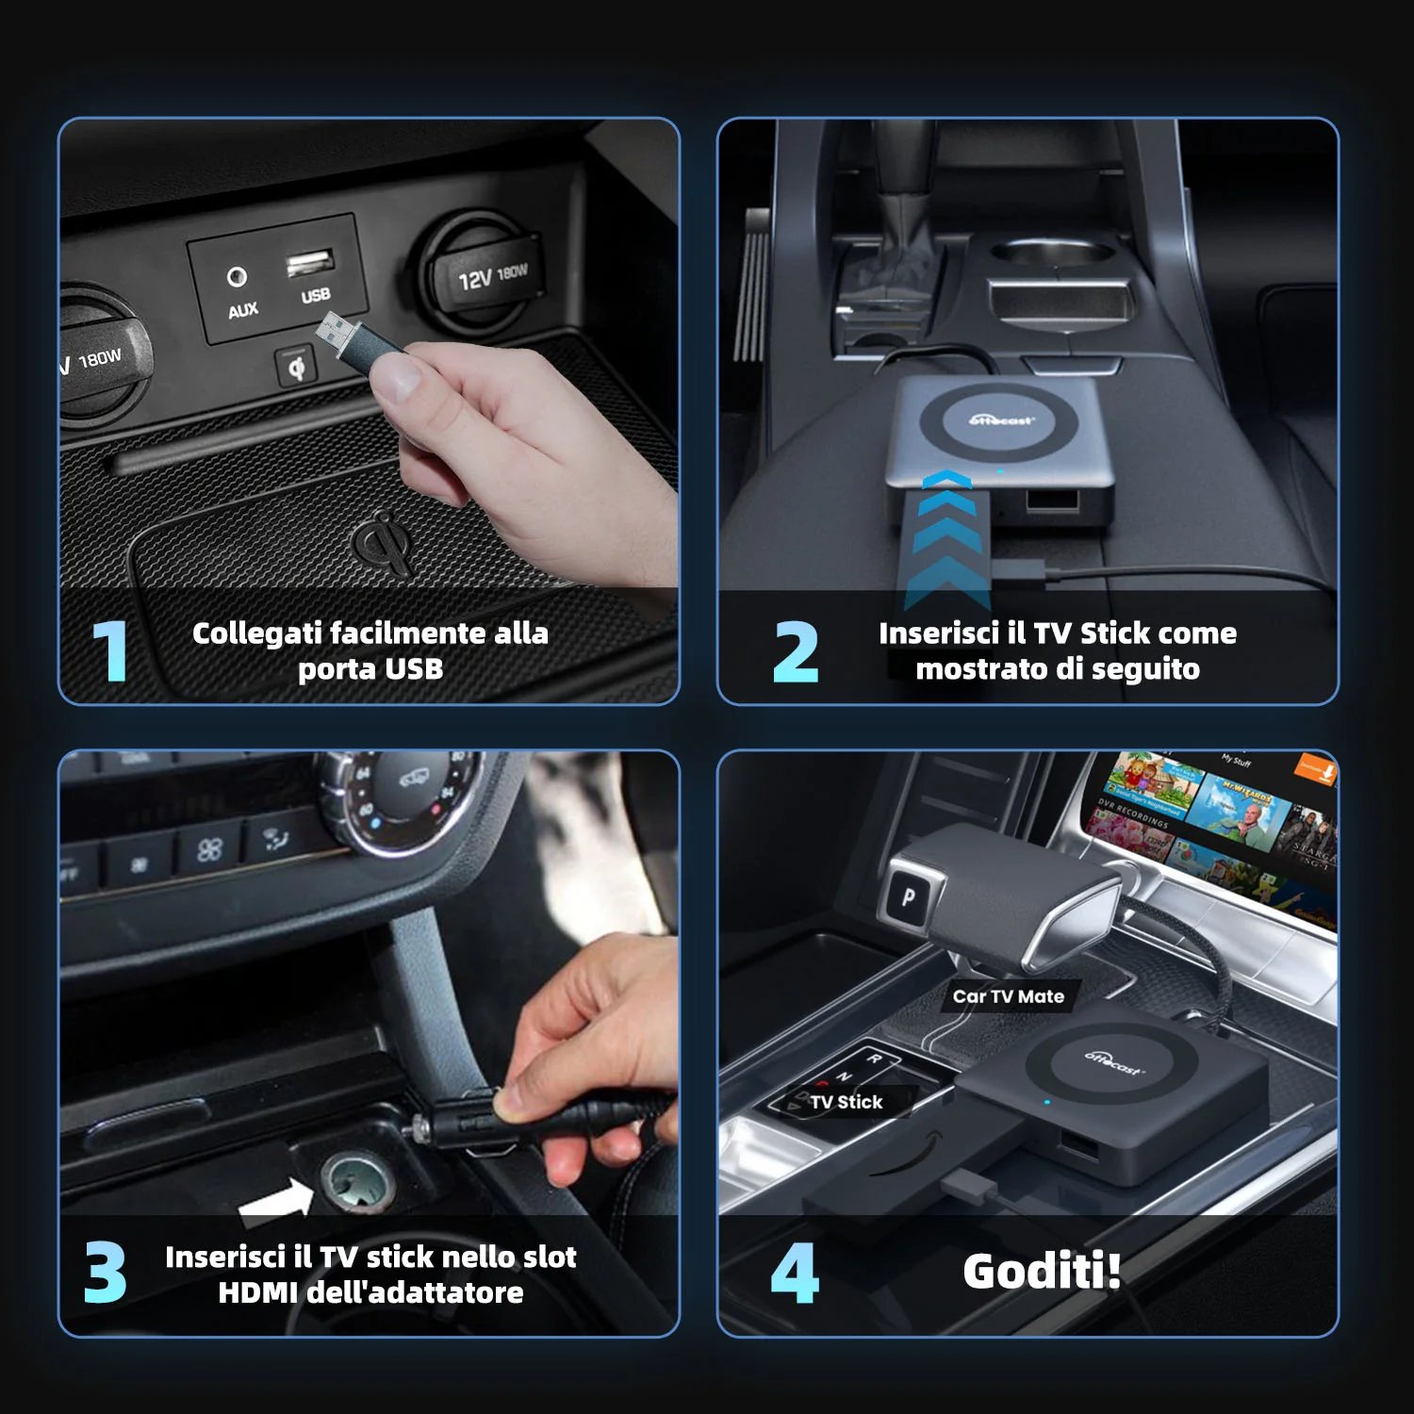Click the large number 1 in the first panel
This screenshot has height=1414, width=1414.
[x=111, y=650]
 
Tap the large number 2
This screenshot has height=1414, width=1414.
[x=796, y=651]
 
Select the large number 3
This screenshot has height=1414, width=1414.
[x=105, y=1273]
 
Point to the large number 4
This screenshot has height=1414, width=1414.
[x=795, y=1273]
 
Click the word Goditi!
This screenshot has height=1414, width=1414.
[x=1042, y=1271]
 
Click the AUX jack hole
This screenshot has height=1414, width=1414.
[x=237, y=276]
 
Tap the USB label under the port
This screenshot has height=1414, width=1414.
[x=316, y=295]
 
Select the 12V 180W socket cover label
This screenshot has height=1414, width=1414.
[x=492, y=275]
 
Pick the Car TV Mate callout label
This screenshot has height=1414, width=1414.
[x=1008, y=996]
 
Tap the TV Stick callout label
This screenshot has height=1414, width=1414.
[x=846, y=1102]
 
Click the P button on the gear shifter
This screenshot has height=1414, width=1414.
[x=908, y=896]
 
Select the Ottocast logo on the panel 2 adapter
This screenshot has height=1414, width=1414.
[x=1002, y=420]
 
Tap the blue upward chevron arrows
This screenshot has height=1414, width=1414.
[x=947, y=537]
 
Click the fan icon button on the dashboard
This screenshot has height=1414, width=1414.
[x=208, y=850]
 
